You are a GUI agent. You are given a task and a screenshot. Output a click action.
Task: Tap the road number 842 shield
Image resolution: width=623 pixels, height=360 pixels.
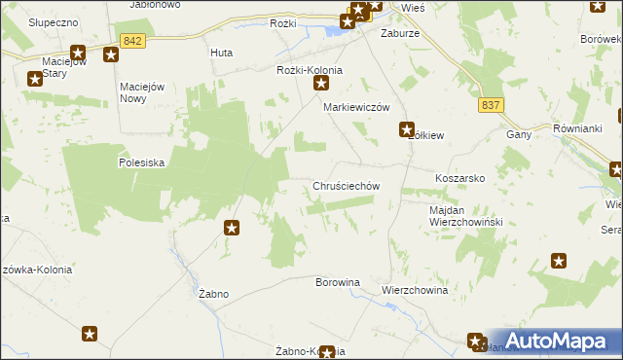pos(134,40)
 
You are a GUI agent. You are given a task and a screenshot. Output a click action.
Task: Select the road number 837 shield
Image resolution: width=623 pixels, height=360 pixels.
pos(492,105)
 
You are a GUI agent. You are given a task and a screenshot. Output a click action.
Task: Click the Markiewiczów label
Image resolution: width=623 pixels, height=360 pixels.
pos(356,107)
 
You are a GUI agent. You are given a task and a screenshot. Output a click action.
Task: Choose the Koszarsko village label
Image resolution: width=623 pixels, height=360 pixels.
pos(460,180)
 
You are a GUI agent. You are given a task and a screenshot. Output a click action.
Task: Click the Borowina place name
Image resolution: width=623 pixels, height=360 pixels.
pos(338,282)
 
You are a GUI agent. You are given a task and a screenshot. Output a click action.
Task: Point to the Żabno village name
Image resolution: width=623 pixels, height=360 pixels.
pos(212,293)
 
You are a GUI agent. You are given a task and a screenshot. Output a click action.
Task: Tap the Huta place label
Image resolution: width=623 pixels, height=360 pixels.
pos(221,54)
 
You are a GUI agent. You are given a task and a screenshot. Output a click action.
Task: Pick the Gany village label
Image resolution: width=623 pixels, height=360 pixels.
pos(518,134)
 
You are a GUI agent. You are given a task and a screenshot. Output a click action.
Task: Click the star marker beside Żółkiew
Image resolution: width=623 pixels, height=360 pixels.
pos(408,127)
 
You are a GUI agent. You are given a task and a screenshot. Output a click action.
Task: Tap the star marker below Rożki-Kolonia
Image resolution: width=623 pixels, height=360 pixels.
pos(321,86)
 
